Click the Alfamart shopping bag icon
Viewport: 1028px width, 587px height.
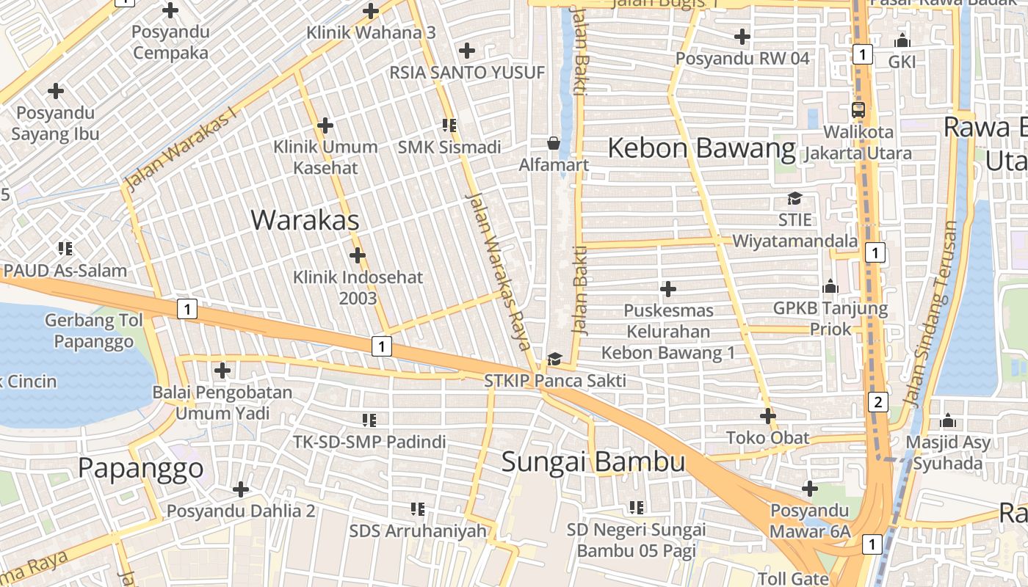(x=554, y=143)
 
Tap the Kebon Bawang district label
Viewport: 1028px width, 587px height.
(x=701, y=149)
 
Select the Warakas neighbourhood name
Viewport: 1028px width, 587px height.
(x=305, y=220)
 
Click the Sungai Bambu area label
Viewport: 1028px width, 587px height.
(x=593, y=462)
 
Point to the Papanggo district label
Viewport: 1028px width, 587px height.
(x=140, y=468)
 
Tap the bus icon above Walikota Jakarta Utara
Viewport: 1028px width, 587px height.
(x=858, y=110)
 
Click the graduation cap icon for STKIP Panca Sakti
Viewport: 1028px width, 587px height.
(x=554, y=359)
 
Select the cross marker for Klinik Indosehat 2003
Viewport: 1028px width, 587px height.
(x=358, y=255)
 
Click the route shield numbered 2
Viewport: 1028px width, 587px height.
(x=877, y=402)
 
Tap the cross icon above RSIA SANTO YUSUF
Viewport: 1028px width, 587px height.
(x=466, y=51)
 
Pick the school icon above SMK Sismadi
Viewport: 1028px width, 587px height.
(x=449, y=125)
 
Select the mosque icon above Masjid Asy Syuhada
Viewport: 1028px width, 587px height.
(x=948, y=421)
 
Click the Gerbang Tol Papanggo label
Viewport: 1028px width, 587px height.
(x=93, y=331)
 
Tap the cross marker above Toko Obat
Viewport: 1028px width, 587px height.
(x=768, y=416)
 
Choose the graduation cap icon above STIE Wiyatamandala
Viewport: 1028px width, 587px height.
(x=794, y=198)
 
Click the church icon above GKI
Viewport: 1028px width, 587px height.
(x=902, y=40)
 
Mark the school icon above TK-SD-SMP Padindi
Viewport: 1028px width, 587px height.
(x=369, y=420)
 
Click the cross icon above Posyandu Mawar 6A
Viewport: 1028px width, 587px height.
(x=810, y=488)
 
